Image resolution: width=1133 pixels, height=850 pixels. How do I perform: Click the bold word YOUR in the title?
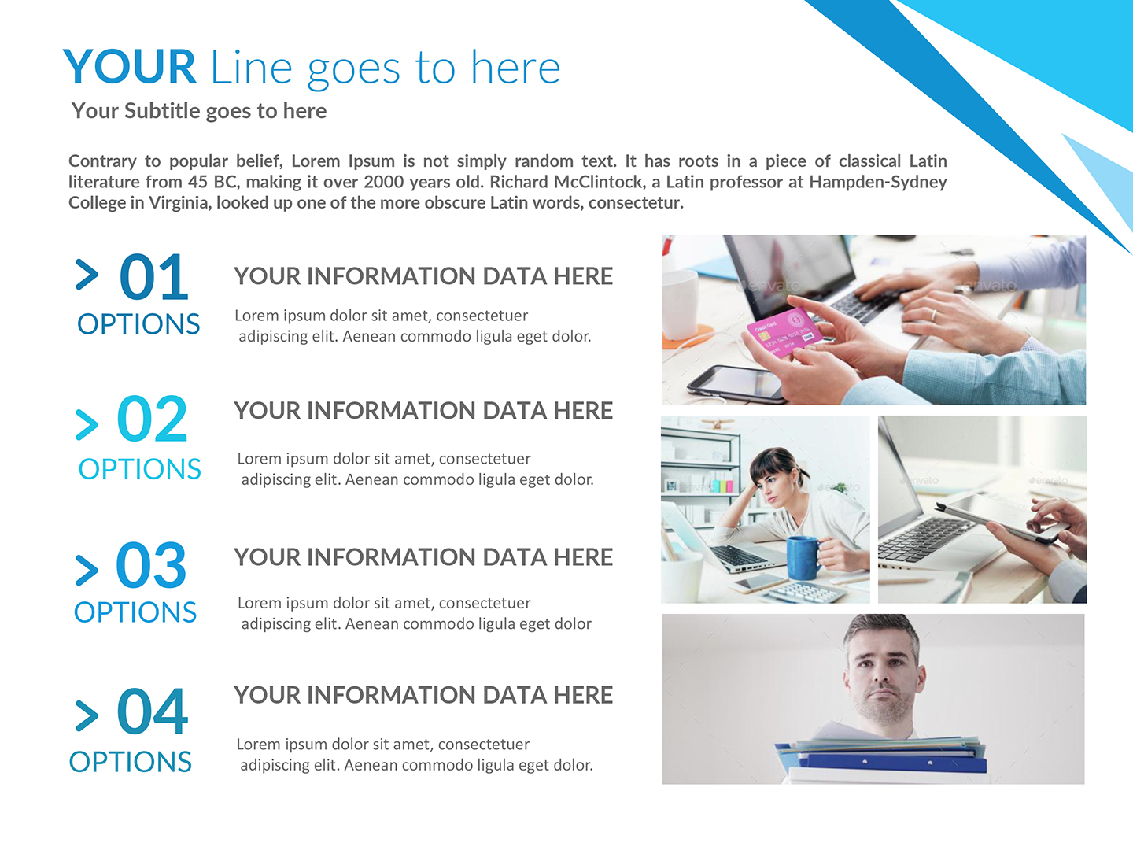130,67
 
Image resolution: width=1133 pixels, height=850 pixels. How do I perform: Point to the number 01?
154,278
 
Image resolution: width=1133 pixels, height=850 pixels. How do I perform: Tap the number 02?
152,419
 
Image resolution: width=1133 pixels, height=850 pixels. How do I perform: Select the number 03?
151,565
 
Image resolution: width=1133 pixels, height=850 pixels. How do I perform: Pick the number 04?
153,712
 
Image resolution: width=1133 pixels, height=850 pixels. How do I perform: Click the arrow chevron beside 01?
87,275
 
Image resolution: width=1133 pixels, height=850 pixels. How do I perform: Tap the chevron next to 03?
87,570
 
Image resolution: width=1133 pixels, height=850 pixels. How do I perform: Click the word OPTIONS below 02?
139,469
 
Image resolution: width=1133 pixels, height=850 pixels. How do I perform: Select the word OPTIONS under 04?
131,762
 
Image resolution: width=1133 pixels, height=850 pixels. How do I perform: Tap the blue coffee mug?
803,556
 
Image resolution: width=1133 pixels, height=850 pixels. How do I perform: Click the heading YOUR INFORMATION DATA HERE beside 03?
423,557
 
